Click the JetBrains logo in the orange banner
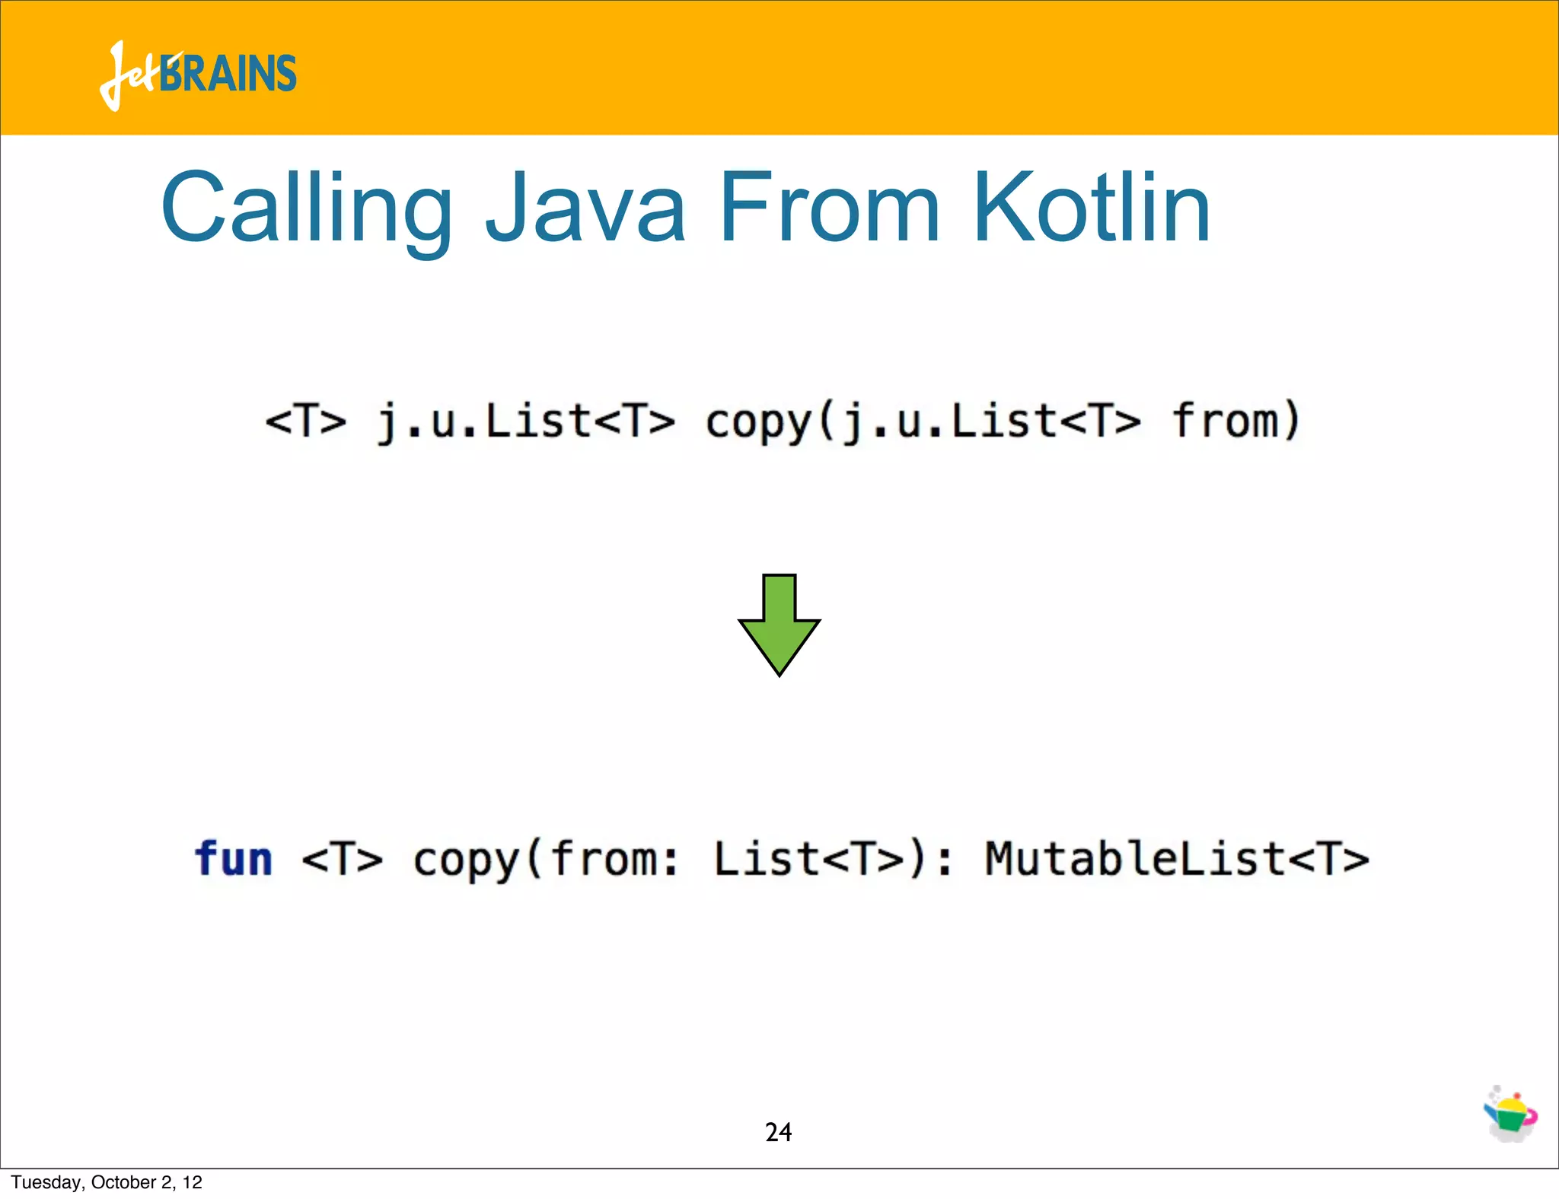point(198,75)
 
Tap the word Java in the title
point(586,208)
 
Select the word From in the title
point(829,208)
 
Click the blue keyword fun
point(233,860)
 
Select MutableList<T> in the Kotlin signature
point(1177,860)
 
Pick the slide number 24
point(778,1132)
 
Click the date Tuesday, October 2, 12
point(107,1182)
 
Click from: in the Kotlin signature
point(614,860)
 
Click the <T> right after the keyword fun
point(343,860)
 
